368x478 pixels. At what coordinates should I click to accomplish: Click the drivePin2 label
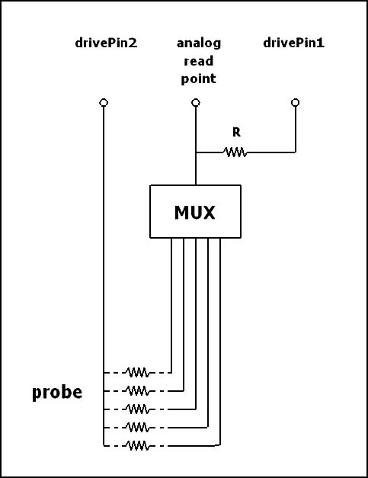(x=106, y=43)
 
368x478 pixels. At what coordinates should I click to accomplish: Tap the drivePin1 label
(x=293, y=43)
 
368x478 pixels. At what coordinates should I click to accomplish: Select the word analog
(x=199, y=43)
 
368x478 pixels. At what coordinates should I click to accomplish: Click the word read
(x=199, y=61)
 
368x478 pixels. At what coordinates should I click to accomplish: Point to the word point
(x=199, y=79)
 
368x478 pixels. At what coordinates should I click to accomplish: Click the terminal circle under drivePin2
(x=104, y=102)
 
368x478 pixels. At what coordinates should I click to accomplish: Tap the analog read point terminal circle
(x=196, y=102)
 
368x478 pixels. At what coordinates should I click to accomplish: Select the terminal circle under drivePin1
(x=295, y=102)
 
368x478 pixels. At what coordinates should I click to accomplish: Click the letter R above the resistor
(x=236, y=133)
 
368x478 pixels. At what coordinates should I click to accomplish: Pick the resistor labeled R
(x=235, y=152)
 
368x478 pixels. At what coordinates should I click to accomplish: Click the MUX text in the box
(x=194, y=213)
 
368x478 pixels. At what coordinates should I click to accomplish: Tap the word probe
(x=57, y=393)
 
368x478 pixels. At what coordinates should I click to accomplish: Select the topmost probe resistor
(x=137, y=373)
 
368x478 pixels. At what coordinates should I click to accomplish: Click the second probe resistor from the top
(x=137, y=391)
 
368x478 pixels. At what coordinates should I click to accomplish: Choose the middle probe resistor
(x=137, y=409)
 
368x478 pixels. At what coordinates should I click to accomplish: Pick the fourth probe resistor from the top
(x=137, y=428)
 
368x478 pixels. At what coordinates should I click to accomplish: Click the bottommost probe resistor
(x=137, y=446)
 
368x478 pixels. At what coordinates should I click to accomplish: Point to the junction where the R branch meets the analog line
(x=196, y=152)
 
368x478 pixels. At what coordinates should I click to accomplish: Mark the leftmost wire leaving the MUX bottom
(x=171, y=305)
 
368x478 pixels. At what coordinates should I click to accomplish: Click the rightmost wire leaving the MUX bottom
(x=220, y=342)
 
